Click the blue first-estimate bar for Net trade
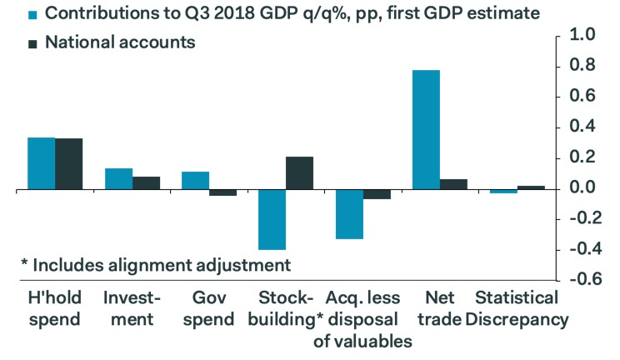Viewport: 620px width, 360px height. [x=426, y=130]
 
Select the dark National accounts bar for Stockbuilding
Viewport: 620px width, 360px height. [x=299, y=173]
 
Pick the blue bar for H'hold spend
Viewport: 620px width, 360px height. [x=42, y=164]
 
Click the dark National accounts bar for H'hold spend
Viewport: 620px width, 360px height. [x=69, y=164]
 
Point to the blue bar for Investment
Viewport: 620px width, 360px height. [x=118, y=179]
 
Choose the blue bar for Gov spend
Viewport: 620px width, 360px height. [x=195, y=181]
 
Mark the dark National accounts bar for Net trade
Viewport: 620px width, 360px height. [x=453, y=184]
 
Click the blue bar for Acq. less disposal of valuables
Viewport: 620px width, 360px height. [x=349, y=215]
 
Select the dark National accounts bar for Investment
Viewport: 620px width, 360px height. [x=146, y=183]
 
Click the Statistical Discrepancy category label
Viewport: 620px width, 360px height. [x=517, y=308]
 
